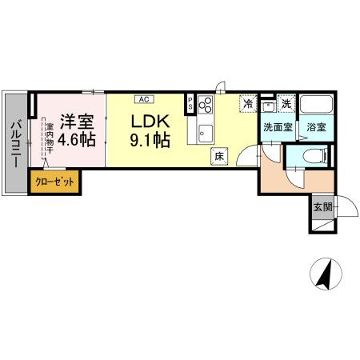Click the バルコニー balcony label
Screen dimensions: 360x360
coord(15,144)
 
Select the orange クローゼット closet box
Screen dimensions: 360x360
coord(54,182)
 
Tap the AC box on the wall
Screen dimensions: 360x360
coord(144,100)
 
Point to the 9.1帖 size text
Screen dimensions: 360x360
coord(150,141)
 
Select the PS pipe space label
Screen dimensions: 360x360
coord(190,103)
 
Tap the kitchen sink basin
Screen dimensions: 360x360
coord(203,132)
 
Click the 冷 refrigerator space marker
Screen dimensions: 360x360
coord(249,105)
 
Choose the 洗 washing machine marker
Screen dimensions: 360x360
coord(286,106)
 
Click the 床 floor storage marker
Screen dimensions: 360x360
coord(218,157)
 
